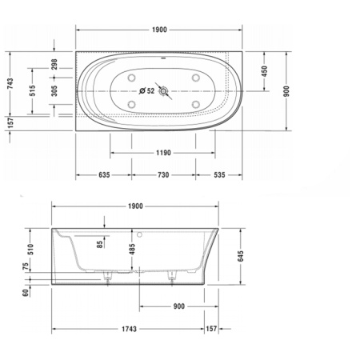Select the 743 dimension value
9,86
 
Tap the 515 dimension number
32,90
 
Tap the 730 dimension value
162,174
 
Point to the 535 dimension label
224,174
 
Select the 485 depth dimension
132,254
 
